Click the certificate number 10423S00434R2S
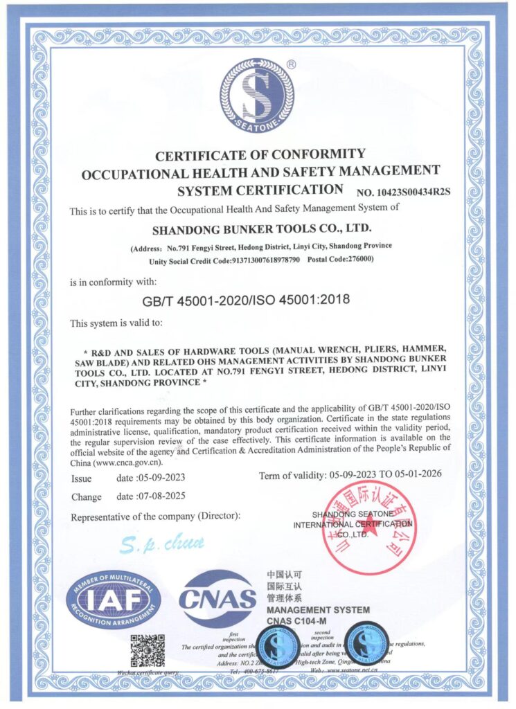click(404, 192)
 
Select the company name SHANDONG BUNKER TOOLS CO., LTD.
click(261, 228)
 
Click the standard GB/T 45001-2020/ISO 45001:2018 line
click(246, 300)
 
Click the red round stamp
click(369, 528)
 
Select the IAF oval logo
click(113, 598)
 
